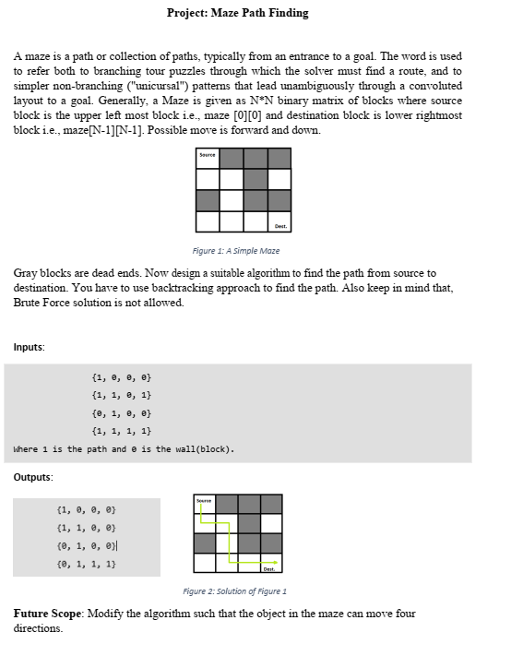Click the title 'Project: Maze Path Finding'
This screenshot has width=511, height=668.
coord(238,13)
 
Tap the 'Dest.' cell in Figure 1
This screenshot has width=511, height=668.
coord(279,221)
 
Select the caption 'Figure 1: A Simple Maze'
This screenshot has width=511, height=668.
coord(236,250)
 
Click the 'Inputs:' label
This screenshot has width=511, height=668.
coord(29,347)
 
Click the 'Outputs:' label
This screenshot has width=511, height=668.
coord(33,477)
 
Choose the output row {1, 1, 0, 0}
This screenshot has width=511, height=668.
coord(86,527)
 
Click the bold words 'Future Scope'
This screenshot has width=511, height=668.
coord(49,614)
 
